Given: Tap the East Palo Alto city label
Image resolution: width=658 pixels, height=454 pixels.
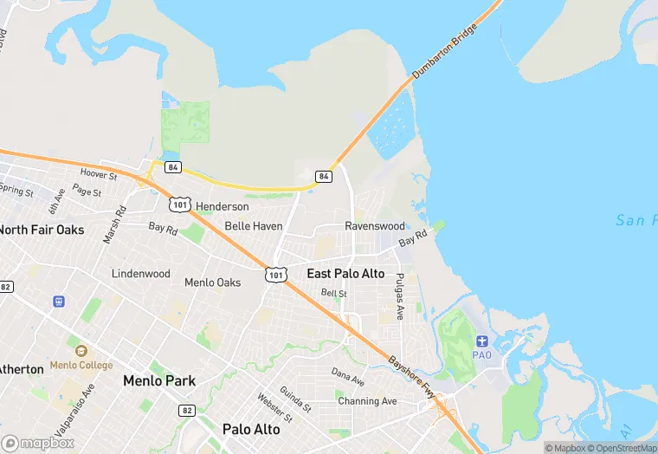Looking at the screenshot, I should pos(345,274).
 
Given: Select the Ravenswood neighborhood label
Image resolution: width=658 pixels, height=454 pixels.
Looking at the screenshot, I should pos(375,226).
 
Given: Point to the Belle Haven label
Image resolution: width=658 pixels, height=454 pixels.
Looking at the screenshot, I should pos(254,226).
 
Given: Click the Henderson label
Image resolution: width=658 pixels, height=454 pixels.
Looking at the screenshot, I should pos(223,207).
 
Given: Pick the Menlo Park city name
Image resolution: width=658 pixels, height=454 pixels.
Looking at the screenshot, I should pos(159,380).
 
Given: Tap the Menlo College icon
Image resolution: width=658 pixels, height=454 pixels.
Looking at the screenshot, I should pos(81,351).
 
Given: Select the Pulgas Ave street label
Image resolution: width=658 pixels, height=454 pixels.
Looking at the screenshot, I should pos(400,297).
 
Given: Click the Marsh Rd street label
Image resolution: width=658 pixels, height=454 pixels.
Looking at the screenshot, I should pos(115,224).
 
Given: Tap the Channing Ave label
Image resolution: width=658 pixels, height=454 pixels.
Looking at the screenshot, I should pos(367,401).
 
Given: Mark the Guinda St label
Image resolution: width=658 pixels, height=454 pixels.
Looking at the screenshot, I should pos(295,399).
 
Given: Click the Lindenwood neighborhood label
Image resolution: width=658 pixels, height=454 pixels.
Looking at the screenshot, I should pos(141,274).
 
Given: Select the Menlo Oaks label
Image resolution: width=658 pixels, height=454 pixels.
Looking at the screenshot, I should pos(212,282).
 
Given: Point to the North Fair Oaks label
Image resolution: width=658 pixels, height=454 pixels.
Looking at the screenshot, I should pos(42,230).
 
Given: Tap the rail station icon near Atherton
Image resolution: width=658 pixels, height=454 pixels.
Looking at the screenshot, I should pos(59,302).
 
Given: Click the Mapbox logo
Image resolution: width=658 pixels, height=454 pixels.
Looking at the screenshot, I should pos(38,443).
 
